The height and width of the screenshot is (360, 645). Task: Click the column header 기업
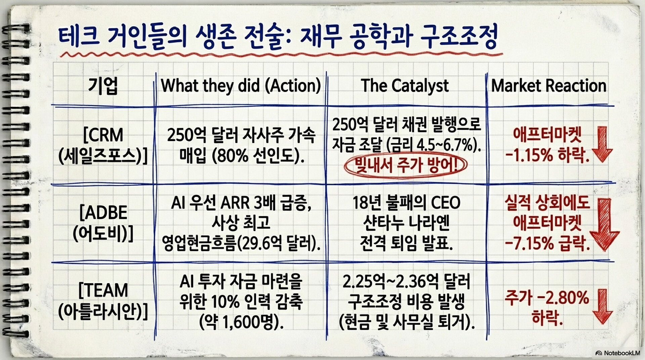point(103,86)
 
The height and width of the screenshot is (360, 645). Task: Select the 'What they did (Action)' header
point(241,86)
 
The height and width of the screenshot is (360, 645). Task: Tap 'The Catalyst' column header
point(405,86)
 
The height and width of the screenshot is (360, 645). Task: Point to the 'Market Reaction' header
point(549,86)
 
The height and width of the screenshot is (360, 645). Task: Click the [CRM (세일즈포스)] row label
point(103,145)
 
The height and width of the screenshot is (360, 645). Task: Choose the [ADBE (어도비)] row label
point(103,223)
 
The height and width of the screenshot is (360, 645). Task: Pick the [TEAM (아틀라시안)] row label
point(103,301)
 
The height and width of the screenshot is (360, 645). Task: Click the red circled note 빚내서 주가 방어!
point(406,165)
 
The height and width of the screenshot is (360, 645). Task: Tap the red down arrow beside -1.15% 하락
point(602,144)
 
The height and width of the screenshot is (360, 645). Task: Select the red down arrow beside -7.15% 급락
point(605,224)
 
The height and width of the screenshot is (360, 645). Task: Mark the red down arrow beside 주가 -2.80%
point(603,306)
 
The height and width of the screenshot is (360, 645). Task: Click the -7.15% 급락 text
point(547,243)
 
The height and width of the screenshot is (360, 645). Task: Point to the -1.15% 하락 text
point(547,155)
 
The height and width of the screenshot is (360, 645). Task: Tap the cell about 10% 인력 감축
point(241,301)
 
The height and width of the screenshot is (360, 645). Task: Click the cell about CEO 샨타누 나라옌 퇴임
point(406,223)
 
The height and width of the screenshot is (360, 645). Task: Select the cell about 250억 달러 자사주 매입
point(241,145)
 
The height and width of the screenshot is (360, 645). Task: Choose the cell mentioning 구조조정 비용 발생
point(406,301)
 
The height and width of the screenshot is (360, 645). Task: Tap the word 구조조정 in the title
point(459,36)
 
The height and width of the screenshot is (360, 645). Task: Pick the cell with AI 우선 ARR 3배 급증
point(241,223)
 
